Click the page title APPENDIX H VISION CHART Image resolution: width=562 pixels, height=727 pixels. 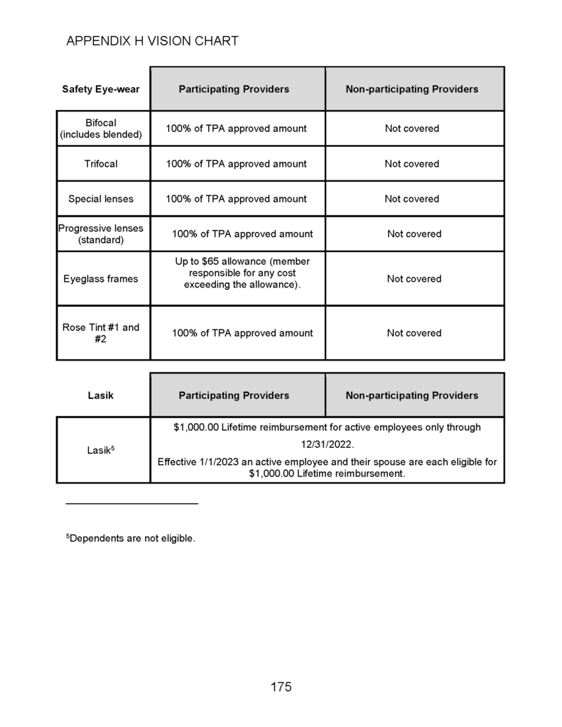click(152, 41)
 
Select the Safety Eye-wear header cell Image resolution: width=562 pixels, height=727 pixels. click(100, 89)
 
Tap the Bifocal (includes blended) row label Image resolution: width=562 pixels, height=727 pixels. click(100, 129)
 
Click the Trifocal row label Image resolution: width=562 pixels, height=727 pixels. click(101, 164)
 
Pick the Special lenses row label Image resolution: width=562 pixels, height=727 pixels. click(100, 199)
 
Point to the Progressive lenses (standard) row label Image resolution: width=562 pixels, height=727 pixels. click(100, 234)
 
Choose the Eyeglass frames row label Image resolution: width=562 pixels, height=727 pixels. click(100, 279)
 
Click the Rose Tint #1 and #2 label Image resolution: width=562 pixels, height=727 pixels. click(100, 333)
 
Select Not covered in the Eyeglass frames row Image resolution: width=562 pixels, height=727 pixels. click(414, 279)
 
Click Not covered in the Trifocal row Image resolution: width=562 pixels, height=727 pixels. click(412, 164)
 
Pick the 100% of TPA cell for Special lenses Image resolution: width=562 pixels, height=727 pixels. click(237, 199)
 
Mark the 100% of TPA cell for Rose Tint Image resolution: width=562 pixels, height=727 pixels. click(242, 333)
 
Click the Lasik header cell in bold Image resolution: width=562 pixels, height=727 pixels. click(100, 395)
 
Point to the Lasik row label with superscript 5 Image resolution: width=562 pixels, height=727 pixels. click(100, 449)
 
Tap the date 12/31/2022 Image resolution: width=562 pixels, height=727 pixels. click(327, 444)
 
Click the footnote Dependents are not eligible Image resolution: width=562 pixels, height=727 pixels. click(131, 539)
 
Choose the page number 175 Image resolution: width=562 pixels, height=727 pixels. click(281, 687)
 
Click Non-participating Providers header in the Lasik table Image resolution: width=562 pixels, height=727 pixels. click(412, 395)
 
